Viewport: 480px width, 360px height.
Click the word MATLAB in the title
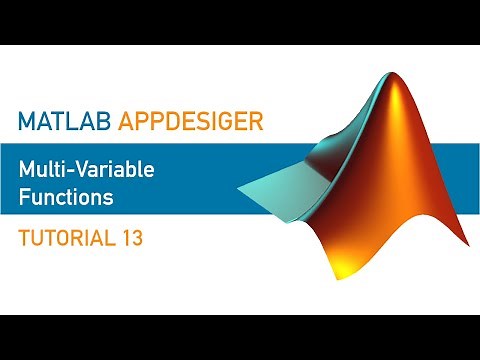click(x=65, y=122)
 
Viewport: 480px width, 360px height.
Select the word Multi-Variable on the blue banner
click(x=86, y=171)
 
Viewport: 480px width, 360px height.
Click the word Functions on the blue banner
click(x=66, y=197)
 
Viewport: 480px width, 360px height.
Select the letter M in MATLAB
click(x=26, y=122)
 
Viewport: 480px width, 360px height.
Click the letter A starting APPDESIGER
click(x=126, y=122)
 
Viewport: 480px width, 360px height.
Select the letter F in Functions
click(x=24, y=197)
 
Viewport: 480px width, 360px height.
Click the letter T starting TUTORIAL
click(x=24, y=239)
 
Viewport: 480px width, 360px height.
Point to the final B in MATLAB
click(x=104, y=122)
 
